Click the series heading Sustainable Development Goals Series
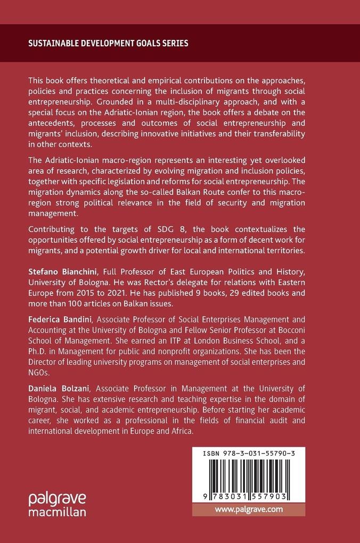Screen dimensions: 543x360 tap(108, 43)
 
